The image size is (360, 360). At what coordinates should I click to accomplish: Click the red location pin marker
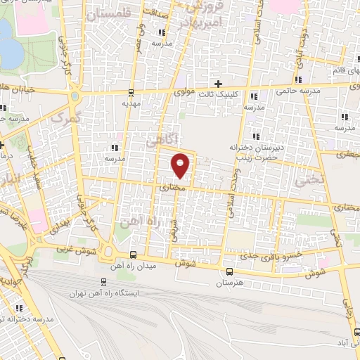coord(181,165)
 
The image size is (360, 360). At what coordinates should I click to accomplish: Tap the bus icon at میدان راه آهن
coord(134,255)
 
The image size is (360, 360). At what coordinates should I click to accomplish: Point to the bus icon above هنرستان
coord(230,271)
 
